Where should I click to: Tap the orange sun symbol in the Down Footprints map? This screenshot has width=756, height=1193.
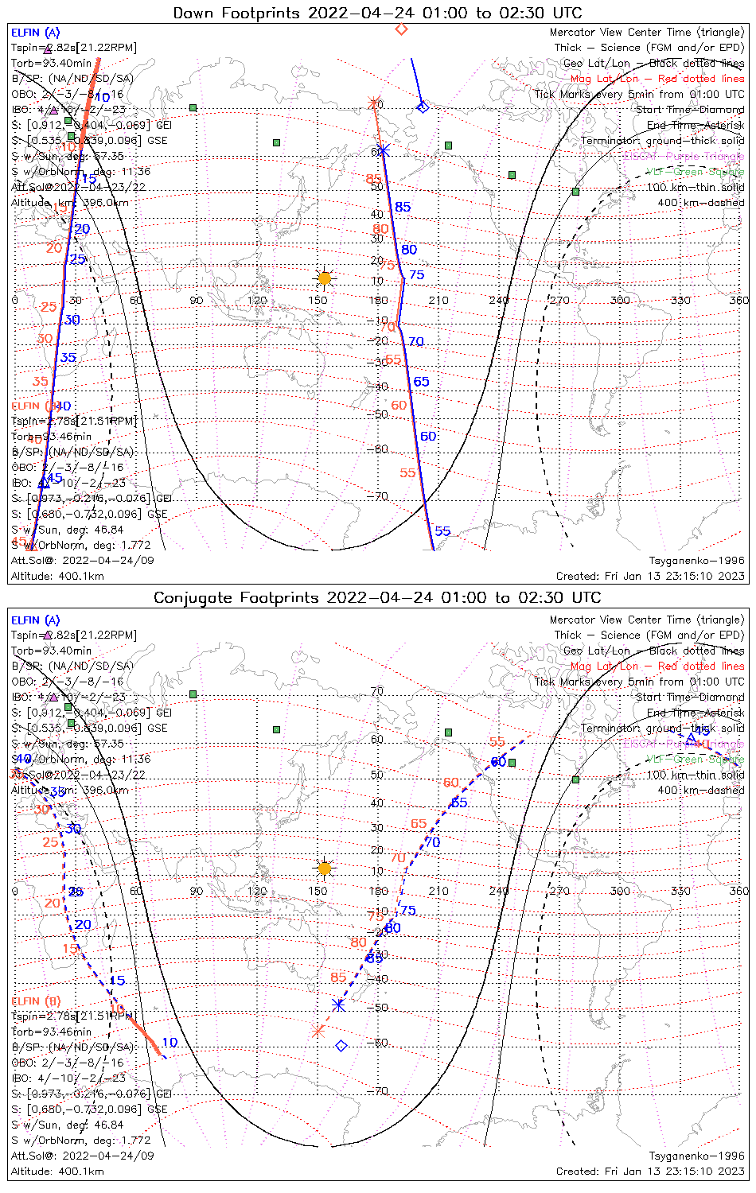(324, 278)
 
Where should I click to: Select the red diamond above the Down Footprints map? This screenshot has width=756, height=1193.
(401, 29)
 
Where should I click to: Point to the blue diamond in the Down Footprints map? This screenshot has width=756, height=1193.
(423, 107)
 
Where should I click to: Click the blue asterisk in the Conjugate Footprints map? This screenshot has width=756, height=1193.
(338, 1005)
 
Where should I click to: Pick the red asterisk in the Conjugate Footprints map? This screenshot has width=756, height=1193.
(318, 1031)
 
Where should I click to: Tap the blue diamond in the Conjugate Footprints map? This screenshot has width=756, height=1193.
(341, 1046)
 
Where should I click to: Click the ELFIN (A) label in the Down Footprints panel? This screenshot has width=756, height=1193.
(35, 33)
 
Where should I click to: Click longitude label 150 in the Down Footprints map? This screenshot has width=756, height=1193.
(318, 301)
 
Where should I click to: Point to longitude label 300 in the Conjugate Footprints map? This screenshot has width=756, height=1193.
(620, 891)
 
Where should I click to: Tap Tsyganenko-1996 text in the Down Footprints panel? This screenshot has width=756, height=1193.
(696, 561)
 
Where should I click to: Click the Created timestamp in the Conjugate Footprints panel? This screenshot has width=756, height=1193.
(650, 1171)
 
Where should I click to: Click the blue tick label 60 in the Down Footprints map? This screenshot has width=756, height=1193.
(428, 437)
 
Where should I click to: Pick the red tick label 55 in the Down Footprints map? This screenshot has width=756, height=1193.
(407, 473)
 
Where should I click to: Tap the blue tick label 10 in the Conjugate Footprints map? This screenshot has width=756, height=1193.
(170, 1043)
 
